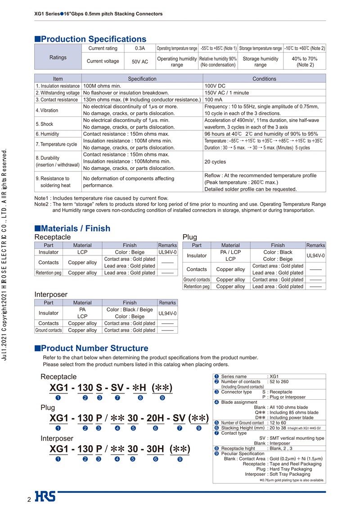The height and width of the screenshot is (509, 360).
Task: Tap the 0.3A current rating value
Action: pyautogui.click(x=140, y=48)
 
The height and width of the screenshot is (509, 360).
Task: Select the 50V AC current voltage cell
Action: pyautogui.click(x=140, y=61)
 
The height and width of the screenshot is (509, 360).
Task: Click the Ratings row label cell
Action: pyautogui.click(x=58, y=57)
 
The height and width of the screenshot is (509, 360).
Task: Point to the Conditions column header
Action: pyautogui.click(x=264, y=79)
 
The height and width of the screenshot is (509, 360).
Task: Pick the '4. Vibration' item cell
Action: pyautogui.click(x=47, y=110)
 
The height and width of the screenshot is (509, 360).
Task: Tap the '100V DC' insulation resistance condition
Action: pyautogui.click(x=215, y=85)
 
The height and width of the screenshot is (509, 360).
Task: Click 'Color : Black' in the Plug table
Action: pyautogui.click(x=278, y=252)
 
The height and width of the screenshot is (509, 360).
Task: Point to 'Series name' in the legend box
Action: pyautogui.click(x=234, y=376)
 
